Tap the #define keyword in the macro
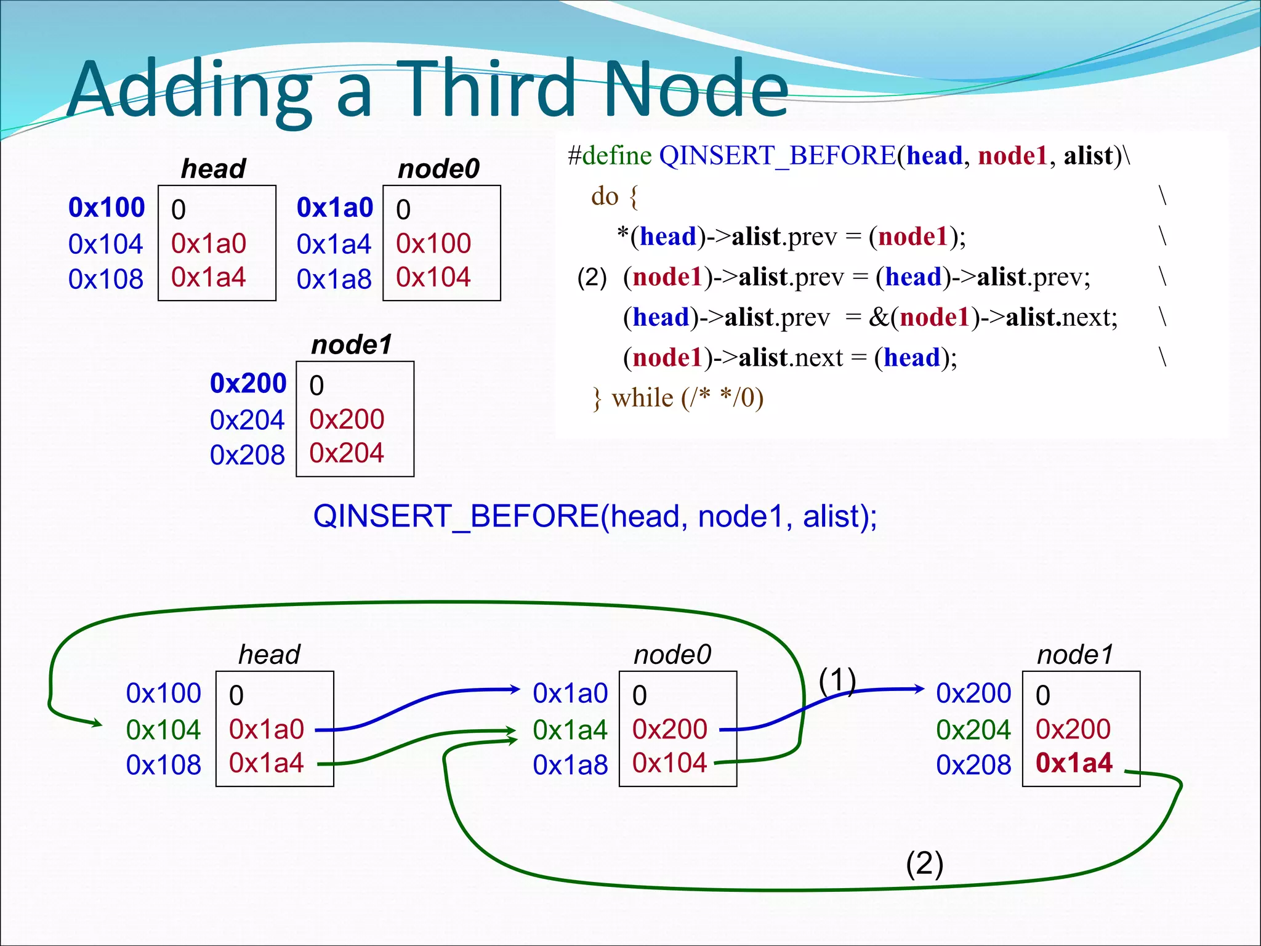[x=610, y=156]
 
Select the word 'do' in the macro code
[x=605, y=196]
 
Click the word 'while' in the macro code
[x=642, y=398]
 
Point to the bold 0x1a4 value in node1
[x=1074, y=763]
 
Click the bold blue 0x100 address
[x=107, y=208]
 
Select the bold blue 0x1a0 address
[x=335, y=208]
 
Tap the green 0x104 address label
[x=163, y=730]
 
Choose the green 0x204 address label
[x=973, y=730]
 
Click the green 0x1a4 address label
[x=570, y=730]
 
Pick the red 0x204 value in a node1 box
[x=346, y=453]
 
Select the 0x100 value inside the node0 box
[x=433, y=243]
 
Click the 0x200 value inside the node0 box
[x=669, y=729]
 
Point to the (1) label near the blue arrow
[x=837, y=681]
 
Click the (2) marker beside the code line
[x=592, y=277]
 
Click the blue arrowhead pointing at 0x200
[x=919, y=689]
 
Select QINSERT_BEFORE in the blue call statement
[x=456, y=516]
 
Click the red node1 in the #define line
[x=1012, y=156]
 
